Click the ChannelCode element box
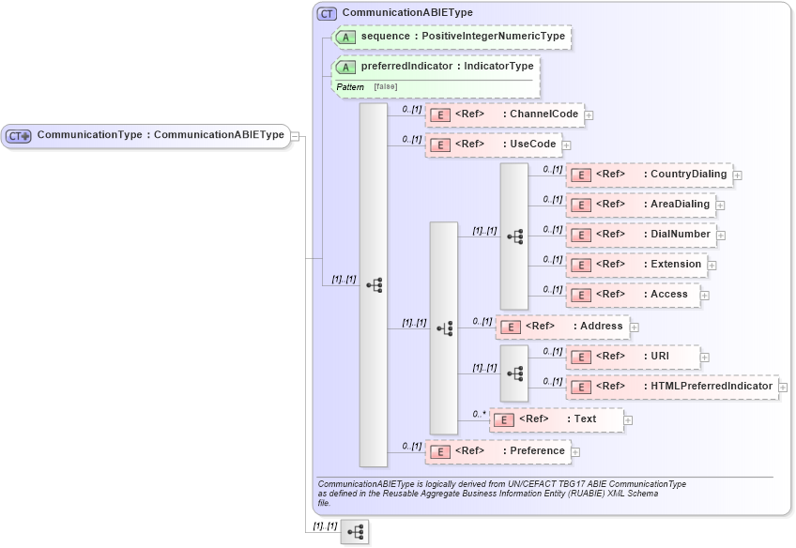(x=504, y=114)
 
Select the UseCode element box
(x=493, y=145)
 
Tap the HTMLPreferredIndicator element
(x=671, y=387)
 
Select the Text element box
(x=557, y=419)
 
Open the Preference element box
(x=497, y=451)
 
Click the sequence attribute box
(x=452, y=37)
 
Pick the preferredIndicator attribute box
(x=436, y=67)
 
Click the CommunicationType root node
(x=145, y=135)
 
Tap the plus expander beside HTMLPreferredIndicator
(x=783, y=388)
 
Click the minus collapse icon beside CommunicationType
(x=295, y=136)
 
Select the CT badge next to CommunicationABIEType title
(x=327, y=13)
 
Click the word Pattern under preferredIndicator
(x=350, y=87)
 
